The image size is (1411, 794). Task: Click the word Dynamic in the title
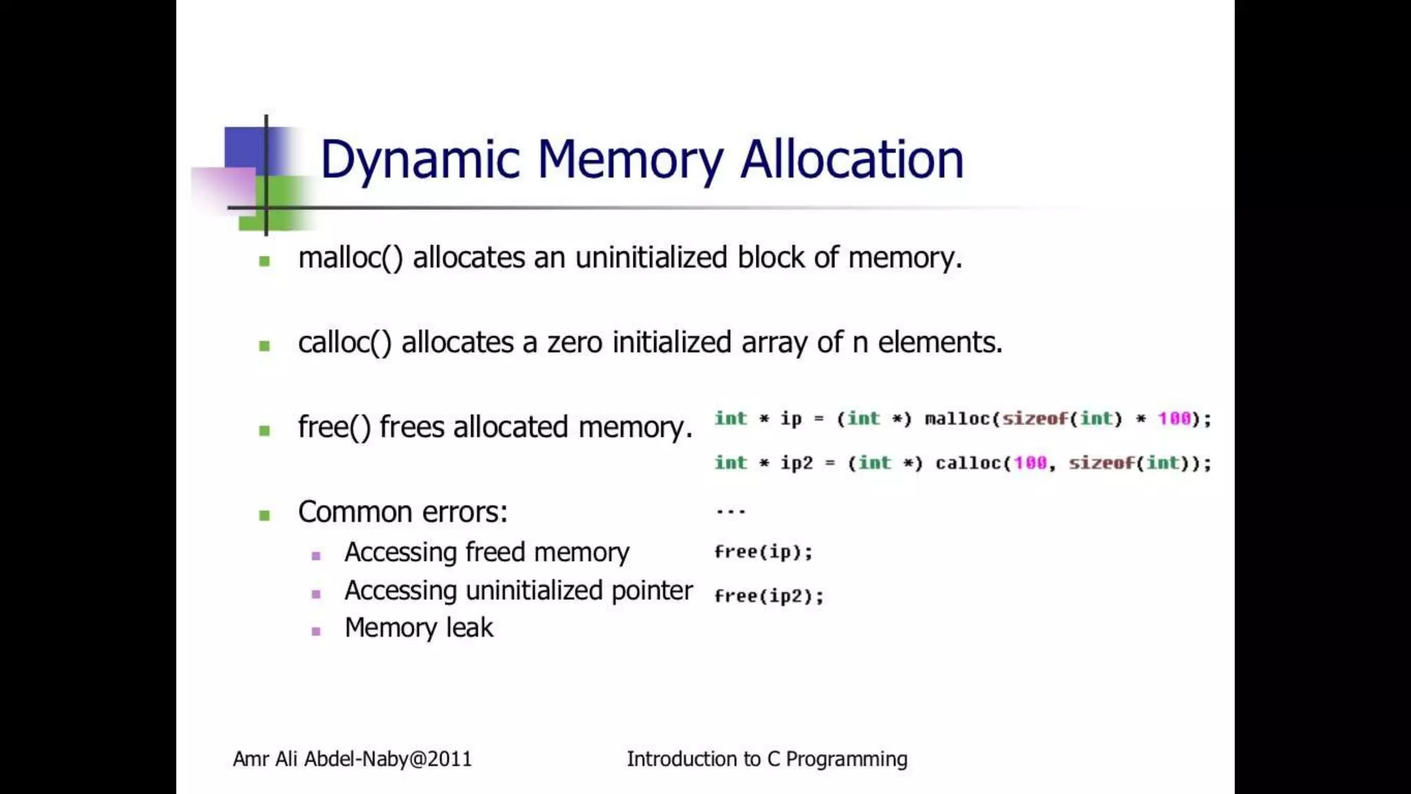[x=420, y=160]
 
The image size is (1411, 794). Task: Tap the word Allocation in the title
[x=852, y=160]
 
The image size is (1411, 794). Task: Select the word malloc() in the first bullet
[x=350, y=258]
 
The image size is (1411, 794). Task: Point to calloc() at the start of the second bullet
[x=344, y=343]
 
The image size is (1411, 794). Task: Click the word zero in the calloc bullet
[x=575, y=343]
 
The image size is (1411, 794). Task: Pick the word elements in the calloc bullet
[x=940, y=343]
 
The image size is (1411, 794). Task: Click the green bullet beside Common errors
[x=265, y=515]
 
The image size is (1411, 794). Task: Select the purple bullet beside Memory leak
[x=316, y=631]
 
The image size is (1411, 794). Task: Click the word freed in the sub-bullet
[x=495, y=553]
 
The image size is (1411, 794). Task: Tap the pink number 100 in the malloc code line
[x=1174, y=418]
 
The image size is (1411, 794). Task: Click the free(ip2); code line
[x=769, y=595]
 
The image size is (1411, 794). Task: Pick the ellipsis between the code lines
[x=730, y=511]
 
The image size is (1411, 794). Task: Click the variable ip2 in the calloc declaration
[x=796, y=462]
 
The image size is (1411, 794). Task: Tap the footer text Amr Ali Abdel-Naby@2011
[x=352, y=759]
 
